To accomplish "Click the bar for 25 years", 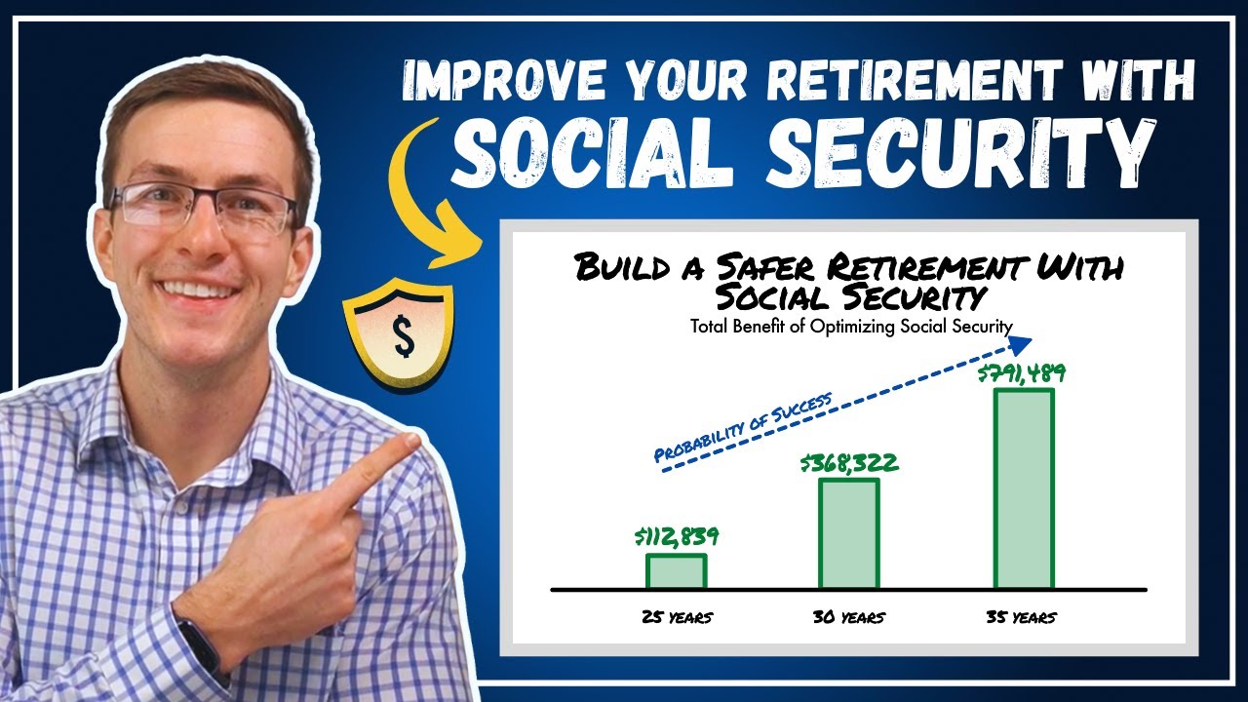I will pos(676,571).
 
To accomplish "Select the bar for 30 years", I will pos(848,534).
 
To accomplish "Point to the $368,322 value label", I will pos(848,463).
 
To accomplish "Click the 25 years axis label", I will pos(676,617).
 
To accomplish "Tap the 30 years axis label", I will pos(848,617).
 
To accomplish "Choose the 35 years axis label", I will pos(1020,617).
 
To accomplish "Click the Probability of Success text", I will pos(743,426).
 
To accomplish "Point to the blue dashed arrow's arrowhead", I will pos(1022,342).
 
